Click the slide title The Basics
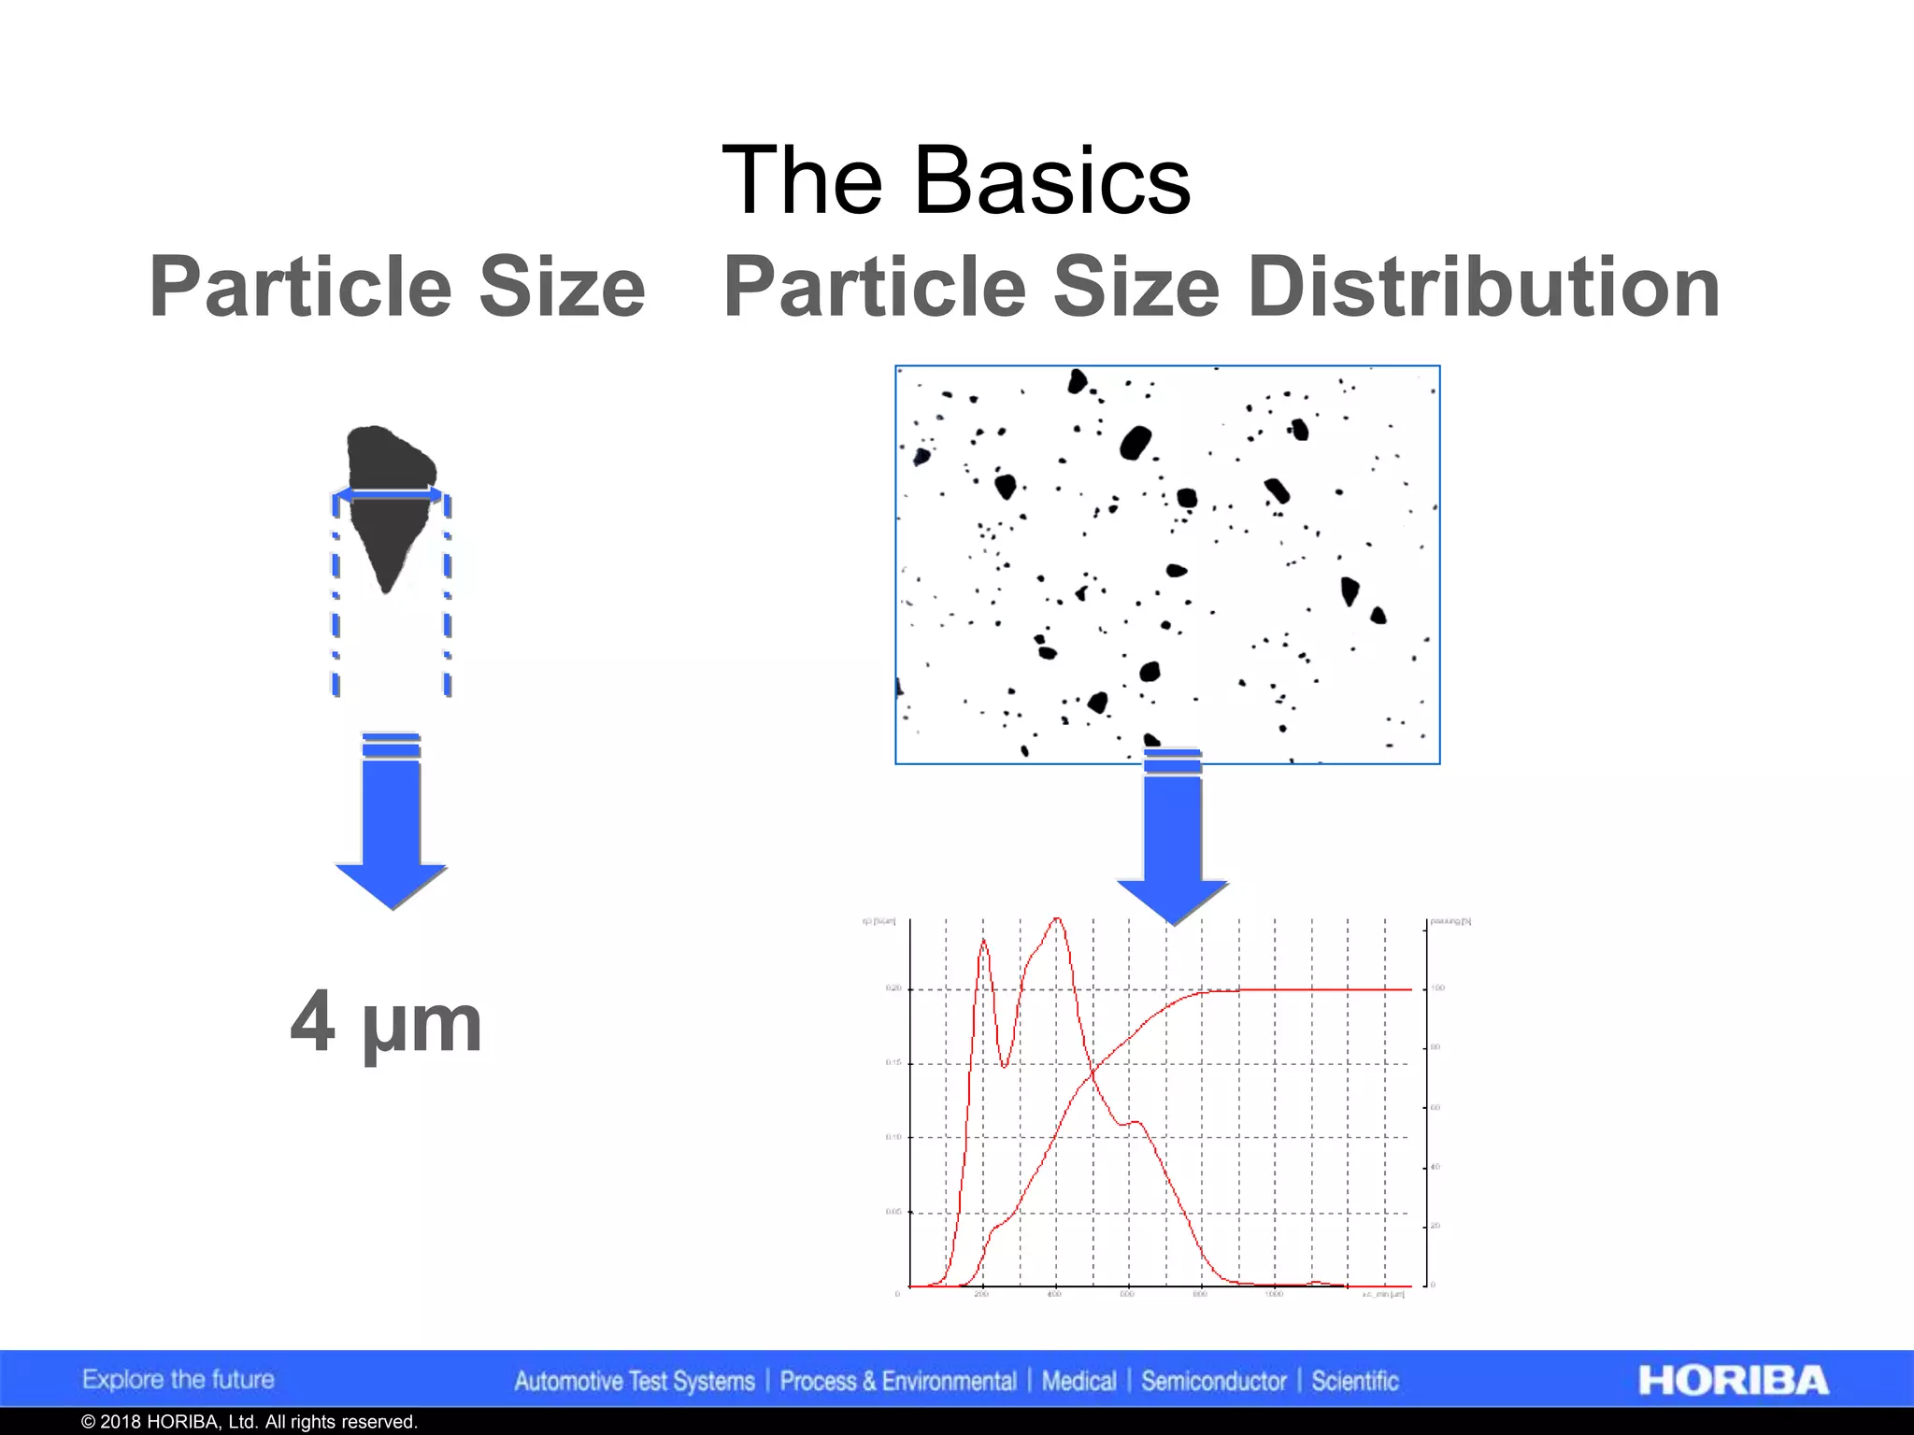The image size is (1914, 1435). pos(956,179)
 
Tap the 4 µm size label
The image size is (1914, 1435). pos(386,1023)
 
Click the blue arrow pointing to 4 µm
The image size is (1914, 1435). pos(391,822)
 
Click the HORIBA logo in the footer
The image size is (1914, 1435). pos(1733,1381)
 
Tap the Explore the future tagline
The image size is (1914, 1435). pos(179,1380)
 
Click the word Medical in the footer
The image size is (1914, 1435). pos(1078,1382)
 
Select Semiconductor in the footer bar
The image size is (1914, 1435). pos(1213,1382)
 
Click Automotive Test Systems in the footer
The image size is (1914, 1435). pos(635,1382)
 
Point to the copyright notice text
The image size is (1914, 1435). pos(249,1422)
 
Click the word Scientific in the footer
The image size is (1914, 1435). pos(1354,1382)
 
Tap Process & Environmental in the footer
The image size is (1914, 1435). pos(898,1382)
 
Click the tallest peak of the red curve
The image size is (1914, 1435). pos(1057,920)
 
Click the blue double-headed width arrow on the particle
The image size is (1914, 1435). pos(389,493)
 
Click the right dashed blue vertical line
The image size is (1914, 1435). pos(448,598)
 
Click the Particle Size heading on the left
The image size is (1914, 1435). pos(397,287)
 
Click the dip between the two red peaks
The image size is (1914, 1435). pos(1005,1065)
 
